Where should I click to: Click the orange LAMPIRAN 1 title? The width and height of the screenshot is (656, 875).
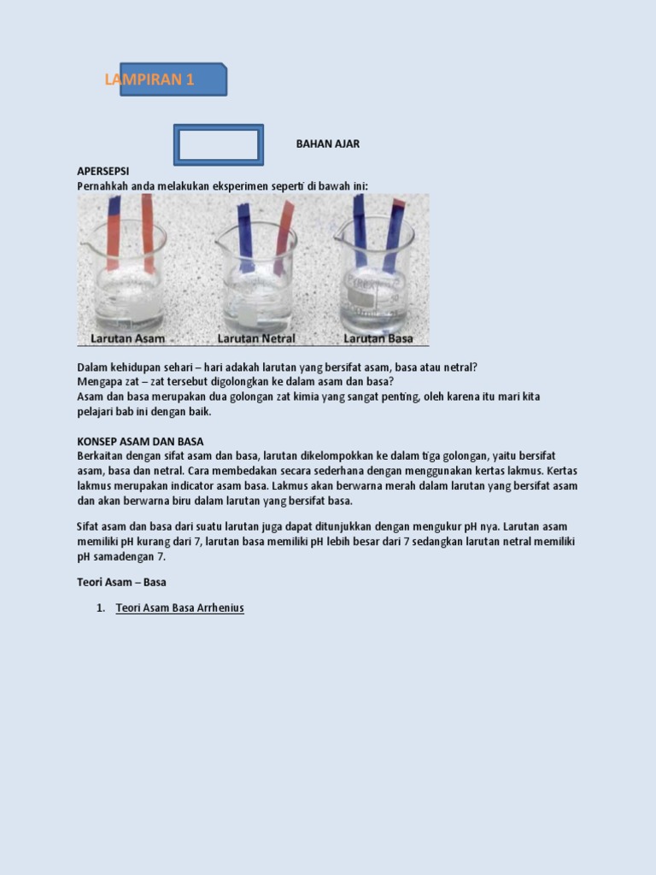tap(149, 79)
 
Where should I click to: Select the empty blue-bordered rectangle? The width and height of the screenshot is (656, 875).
tap(219, 126)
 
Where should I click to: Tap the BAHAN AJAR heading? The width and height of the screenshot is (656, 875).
tap(328, 144)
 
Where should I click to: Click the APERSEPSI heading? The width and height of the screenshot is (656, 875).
tap(103, 171)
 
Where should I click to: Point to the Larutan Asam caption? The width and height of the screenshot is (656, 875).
tap(128, 338)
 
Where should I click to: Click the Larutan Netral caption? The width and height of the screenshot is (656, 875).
tap(256, 338)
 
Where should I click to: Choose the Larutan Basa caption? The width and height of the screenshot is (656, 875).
tap(378, 338)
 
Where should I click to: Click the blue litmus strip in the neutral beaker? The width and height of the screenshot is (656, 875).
tap(245, 238)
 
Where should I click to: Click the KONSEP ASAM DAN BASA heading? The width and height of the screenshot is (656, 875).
tap(141, 442)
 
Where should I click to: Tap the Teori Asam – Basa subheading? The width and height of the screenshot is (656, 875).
tap(121, 582)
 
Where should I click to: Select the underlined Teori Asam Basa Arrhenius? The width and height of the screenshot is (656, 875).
tap(179, 608)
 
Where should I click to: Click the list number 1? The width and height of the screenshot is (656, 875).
tap(101, 608)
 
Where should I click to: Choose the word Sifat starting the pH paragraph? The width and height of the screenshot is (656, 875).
tap(88, 526)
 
